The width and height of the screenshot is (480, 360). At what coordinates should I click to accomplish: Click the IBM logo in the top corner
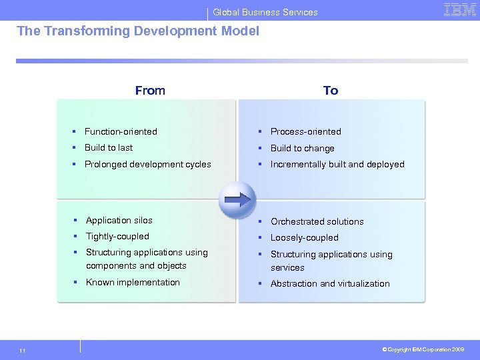(x=459, y=10)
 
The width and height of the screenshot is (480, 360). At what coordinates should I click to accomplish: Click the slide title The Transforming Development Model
(x=137, y=31)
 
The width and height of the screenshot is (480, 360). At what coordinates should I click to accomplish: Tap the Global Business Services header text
(x=265, y=12)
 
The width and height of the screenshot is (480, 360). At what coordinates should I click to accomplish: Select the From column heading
(x=150, y=91)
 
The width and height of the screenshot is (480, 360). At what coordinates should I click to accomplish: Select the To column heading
(x=331, y=91)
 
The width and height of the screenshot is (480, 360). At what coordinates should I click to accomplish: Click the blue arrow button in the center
(x=237, y=199)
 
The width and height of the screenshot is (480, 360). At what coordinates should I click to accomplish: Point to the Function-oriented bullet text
(x=121, y=131)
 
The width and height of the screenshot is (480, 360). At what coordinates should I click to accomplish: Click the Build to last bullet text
(x=108, y=147)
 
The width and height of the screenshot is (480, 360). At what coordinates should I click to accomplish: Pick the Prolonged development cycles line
(x=147, y=164)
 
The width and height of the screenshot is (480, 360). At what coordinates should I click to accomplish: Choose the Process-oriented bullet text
(x=305, y=131)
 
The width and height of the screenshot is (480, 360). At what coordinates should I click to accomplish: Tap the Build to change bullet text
(x=302, y=148)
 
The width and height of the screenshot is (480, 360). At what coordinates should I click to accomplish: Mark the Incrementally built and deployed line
(x=337, y=164)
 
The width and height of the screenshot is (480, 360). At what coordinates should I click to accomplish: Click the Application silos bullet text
(x=119, y=220)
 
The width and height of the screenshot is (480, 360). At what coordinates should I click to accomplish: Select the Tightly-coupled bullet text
(x=117, y=236)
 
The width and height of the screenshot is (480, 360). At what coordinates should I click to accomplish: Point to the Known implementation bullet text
(x=133, y=282)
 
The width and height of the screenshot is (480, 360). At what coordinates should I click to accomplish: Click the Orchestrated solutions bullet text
(x=317, y=221)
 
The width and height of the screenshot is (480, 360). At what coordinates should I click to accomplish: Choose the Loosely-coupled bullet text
(x=304, y=237)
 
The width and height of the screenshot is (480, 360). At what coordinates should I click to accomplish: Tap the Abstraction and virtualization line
(x=330, y=283)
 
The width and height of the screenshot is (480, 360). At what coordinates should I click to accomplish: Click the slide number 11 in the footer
(x=23, y=350)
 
